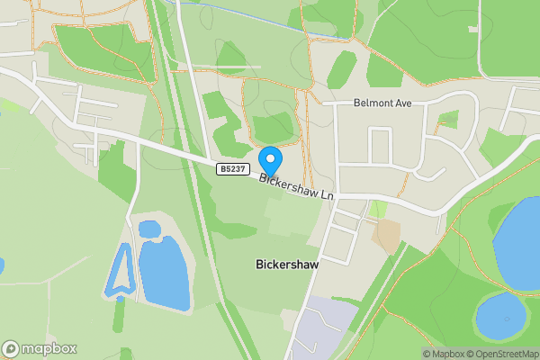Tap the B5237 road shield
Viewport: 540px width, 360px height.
click(232, 168)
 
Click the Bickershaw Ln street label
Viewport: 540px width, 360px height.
click(297, 187)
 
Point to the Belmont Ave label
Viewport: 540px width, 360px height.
click(382, 103)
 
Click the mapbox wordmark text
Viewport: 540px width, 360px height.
click(49, 348)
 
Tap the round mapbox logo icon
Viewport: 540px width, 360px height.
click(11, 348)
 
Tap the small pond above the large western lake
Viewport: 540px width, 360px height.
click(148, 229)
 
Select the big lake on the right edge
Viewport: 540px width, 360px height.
click(520, 243)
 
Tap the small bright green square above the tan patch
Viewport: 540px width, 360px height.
click(379, 209)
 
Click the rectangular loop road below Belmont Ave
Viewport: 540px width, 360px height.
click(381, 145)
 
